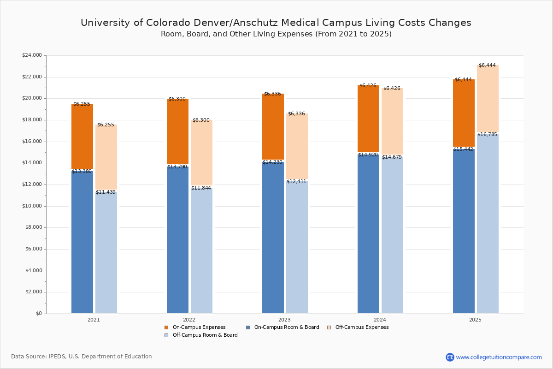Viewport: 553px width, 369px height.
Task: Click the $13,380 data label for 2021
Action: (82, 171)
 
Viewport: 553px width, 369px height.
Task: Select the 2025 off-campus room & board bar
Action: (488, 224)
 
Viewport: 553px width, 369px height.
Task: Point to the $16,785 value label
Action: (487, 134)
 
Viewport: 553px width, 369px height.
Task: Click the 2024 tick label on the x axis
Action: (380, 320)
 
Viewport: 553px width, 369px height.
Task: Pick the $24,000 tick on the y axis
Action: (32, 55)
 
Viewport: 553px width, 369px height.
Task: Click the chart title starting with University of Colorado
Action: (276, 23)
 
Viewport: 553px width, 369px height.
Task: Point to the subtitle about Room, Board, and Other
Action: (276, 34)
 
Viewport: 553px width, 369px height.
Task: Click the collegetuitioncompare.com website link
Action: (499, 357)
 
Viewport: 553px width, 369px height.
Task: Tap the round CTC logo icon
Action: (450, 357)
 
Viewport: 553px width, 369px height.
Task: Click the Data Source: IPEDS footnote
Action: (82, 357)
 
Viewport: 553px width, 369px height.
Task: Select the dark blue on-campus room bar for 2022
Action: (177, 240)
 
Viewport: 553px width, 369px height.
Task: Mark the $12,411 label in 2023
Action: (296, 181)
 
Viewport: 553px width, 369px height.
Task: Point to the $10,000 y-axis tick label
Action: (32, 206)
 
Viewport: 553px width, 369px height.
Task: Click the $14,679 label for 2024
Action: (392, 157)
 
